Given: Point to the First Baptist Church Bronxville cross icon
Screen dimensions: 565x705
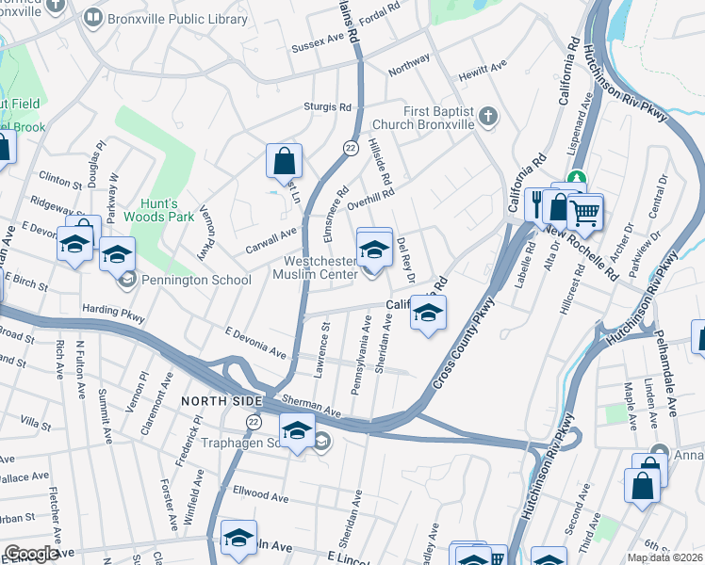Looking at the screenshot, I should pos(486,117).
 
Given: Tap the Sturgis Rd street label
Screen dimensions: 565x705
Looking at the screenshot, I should pos(327,106).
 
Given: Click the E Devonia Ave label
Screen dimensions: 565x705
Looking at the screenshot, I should pos(255,341).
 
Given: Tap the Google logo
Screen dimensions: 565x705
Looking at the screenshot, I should pos(32,554).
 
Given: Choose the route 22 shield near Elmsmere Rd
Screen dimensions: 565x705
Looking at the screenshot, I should pos(350,148).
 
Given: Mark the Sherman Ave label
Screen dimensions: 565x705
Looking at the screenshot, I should pos(311,405).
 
